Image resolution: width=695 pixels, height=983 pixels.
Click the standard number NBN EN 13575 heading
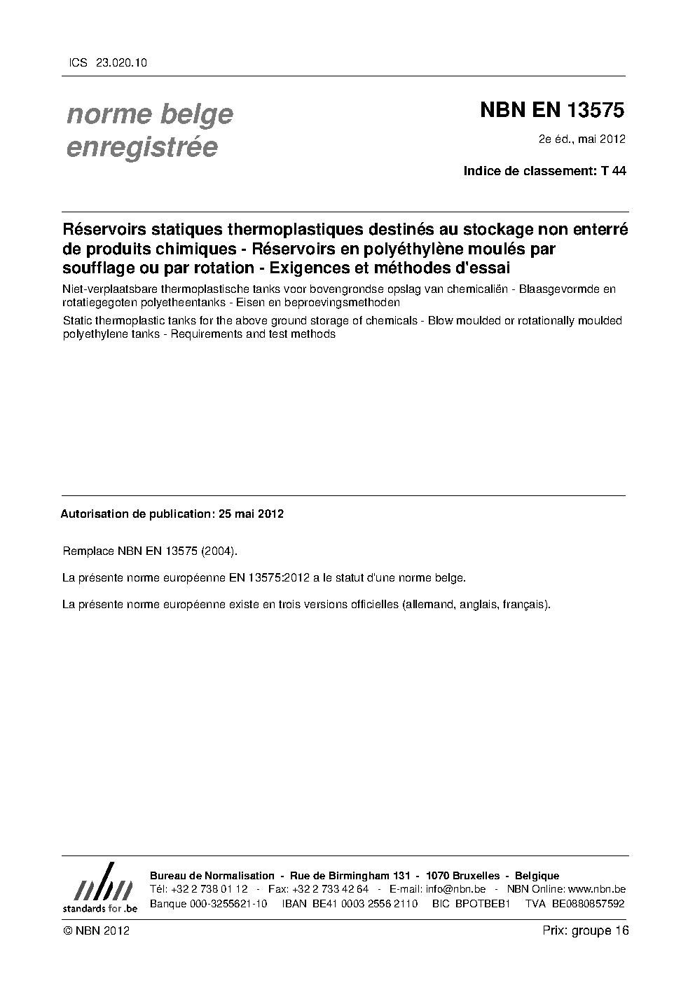pos(552,110)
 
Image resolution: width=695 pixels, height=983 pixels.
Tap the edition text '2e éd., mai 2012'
pos(582,139)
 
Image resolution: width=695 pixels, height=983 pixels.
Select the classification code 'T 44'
pos(614,170)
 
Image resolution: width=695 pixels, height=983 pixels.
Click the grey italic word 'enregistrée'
pos(142,147)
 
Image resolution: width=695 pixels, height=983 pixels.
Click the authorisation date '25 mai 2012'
pos(251,514)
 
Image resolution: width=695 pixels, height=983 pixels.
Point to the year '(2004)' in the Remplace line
pos(219,551)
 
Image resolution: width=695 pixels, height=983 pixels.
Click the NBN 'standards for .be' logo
pos(99,888)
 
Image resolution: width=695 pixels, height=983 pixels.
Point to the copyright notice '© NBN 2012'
pos(95,930)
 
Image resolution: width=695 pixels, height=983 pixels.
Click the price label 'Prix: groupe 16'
pos(586,930)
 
